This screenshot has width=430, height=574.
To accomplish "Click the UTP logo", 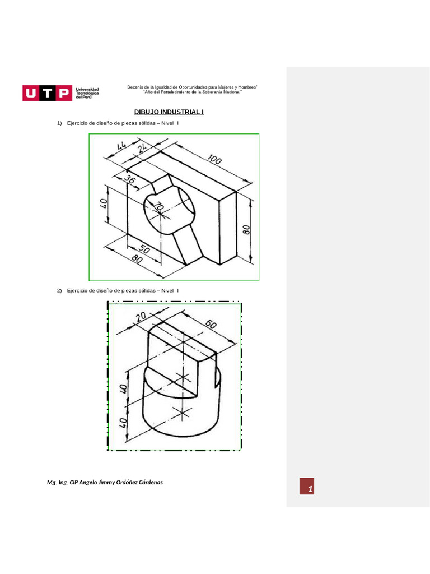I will click(48, 92).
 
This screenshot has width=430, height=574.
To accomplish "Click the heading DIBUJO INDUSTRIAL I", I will click(169, 112).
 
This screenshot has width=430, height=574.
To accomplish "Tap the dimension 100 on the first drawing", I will click(214, 160).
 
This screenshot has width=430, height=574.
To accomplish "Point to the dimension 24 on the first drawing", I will click(142, 148).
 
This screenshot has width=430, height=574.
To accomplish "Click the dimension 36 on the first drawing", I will click(129, 180).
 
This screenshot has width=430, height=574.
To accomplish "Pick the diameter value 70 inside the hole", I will click(159, 208).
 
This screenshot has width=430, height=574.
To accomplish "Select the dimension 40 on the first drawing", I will click(103, 203).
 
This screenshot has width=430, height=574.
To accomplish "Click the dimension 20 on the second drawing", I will click(140, 317).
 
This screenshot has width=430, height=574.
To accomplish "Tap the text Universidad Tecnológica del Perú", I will click(87, 93).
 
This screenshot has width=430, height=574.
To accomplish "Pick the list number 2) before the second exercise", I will click(59, 290).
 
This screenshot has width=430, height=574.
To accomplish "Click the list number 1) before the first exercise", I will click(59, 123).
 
